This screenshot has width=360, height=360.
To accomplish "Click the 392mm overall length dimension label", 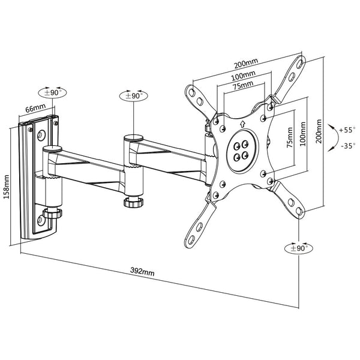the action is (x=142, y=271).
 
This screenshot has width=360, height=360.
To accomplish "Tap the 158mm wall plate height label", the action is (x=7, y=187).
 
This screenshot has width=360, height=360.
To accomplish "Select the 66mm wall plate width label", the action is (x=35, y=108).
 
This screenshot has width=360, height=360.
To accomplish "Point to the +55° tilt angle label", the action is (x=347, y=130).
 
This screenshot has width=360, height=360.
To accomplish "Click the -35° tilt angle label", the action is (x=348, y=146).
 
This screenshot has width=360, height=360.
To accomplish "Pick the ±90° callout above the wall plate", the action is (x=52, y=92).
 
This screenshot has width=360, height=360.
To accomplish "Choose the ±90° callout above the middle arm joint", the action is (x=134, y=95).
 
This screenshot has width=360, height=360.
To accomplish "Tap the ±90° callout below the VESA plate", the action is (x=299, y=248).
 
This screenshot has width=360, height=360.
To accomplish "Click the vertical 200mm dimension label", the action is (x=319, y=131).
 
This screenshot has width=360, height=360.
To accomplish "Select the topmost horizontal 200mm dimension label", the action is (x=246, y=63).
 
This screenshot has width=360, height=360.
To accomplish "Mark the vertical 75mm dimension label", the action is (x=290, y=137).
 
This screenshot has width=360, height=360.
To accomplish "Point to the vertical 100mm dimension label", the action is (x=303, y=134).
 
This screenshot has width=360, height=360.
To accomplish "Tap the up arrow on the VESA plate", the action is (x=242, y=124).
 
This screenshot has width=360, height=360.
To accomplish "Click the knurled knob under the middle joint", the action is (x=133, y=202).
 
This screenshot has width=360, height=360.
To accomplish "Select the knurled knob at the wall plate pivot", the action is (x=52, y=214).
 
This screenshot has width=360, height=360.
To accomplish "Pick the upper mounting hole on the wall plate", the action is (x=42, y=135).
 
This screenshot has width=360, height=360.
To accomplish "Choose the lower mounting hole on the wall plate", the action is (x=40, y=220).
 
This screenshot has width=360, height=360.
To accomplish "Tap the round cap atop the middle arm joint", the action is (x=134, y=138).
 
